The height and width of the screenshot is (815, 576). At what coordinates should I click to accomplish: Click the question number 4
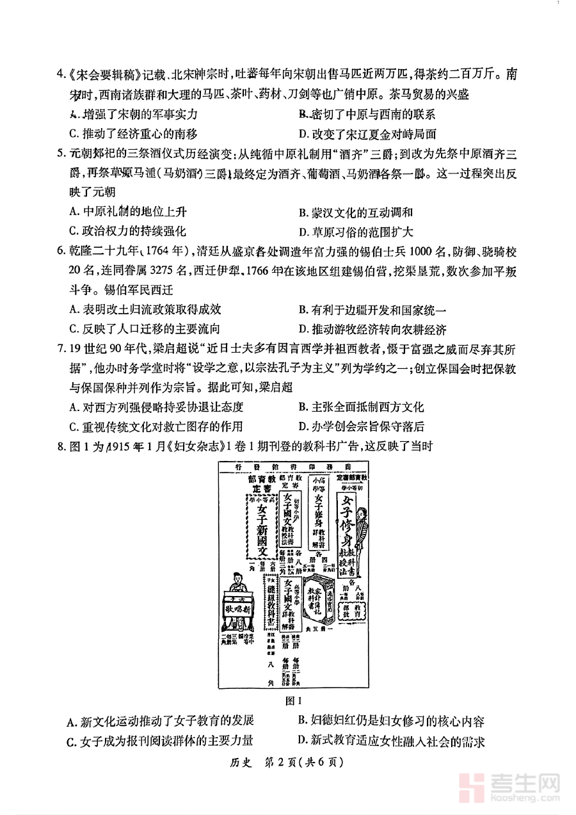tap(61, 74)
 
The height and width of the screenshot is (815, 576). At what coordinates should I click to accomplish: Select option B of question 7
tap(361, 407)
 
